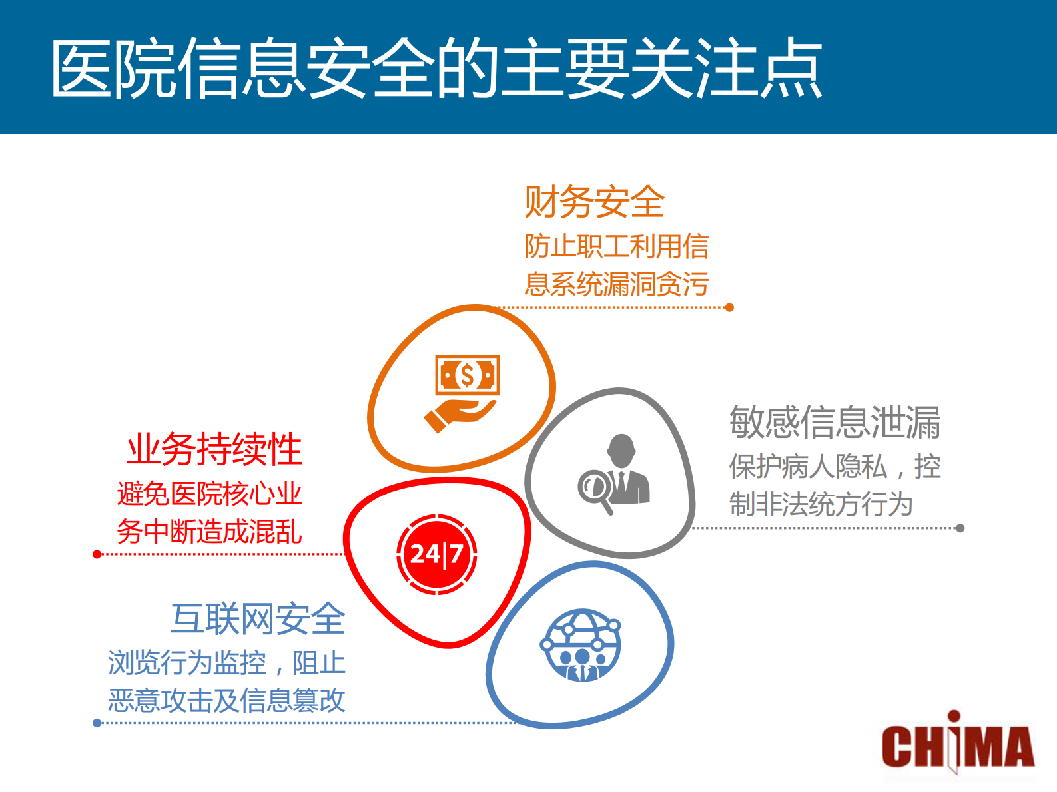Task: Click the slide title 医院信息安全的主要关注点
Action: pyautogui.click(x=436, y=68)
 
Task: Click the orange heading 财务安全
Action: pyautogui.click(x=594, y=202)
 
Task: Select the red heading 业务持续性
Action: pyautogui.click(x=214, y=449)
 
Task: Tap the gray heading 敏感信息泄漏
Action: pyautogui.click(x=835, y=423)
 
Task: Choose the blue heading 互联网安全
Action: pyautogui.click(x=258, y=619)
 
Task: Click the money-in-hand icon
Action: pyautogui.click(x=463, y=393)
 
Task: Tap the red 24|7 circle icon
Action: pyautogui.click(x=437, y=554)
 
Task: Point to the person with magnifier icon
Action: pyautogui.click(x=613, y=473)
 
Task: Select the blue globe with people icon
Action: pyautogui.click(x=581, y=646)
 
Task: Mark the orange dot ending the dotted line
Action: pyautogui.click(x=729, y=307)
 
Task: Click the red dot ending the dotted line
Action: pyautogui.click(x=97, y=554)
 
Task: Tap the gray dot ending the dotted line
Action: pyautogui.click(x=960, y=528)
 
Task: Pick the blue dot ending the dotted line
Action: pyautogui.click(x=97, y=723)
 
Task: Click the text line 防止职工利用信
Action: pyautogui.click(x=616, y=246)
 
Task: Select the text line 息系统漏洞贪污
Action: pyautogui.click(x=616, y=284)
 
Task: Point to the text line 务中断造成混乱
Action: pyautogui.click(x=209, y=532)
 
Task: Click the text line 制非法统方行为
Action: pyautogui.click(x=821, y=504)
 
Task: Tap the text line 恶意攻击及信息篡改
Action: pyautogui.click(x=226, y=700)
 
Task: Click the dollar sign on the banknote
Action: pyautogui.click(x=467, y=375)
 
